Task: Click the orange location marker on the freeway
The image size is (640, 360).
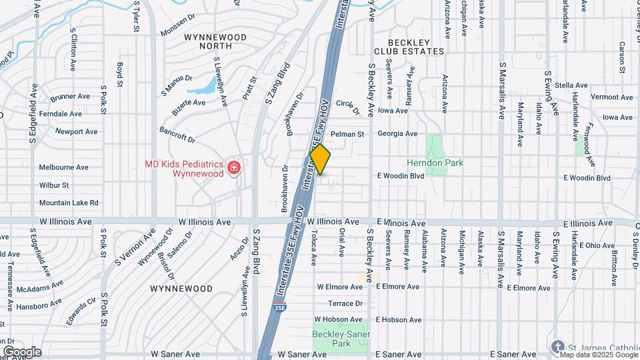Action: click(x=320, y=160)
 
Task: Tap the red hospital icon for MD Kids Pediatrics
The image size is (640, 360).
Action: click(x=233, y=167)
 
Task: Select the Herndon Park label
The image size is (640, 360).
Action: click(x=435, y=163)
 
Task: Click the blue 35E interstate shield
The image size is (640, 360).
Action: click(x=280, y=307)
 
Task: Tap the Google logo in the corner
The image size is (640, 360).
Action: click(x=21, y=351)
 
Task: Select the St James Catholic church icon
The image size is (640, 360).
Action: click(x=557, y=346)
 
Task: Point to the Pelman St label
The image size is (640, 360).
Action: click(x=353, y=133)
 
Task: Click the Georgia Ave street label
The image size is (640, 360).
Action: click(x=397, y=133)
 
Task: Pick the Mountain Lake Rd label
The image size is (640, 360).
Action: click(x=69, y=203)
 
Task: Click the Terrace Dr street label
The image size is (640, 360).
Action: click(x=349, y=303)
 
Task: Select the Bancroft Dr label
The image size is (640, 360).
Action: click(x=177, y=135)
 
